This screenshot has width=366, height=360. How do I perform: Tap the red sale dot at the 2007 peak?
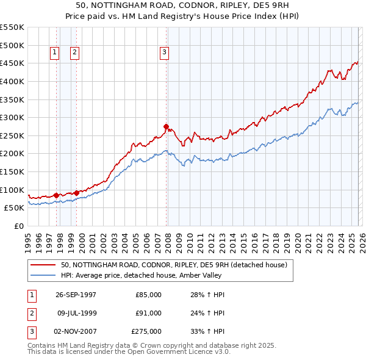(x=166, y=127)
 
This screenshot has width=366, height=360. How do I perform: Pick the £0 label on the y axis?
(x=18, y=226)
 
